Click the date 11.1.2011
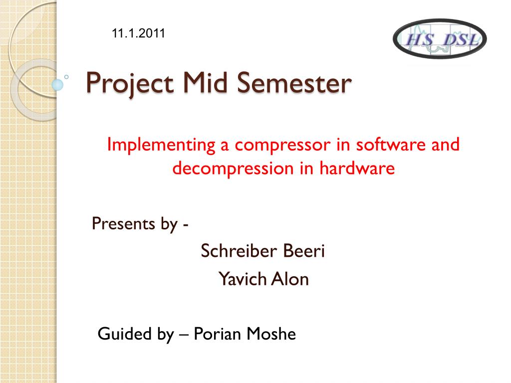coord(139,33)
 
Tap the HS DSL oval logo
coord(440,39)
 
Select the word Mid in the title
coord(205,82)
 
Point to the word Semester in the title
coord(294,83)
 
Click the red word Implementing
coord(161,144)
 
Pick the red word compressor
coord(282,145)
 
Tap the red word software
coord(391,144)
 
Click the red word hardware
coord(357,168)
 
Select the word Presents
coord(123,224)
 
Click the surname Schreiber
coord(239,251)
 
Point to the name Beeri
coord(304,251)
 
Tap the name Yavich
coord(243,279)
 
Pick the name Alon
coord(290,279)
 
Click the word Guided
coord(124,334)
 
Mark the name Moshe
coord(271,334)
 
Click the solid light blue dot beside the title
coord(57,85)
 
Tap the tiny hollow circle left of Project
coord(66,77)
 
